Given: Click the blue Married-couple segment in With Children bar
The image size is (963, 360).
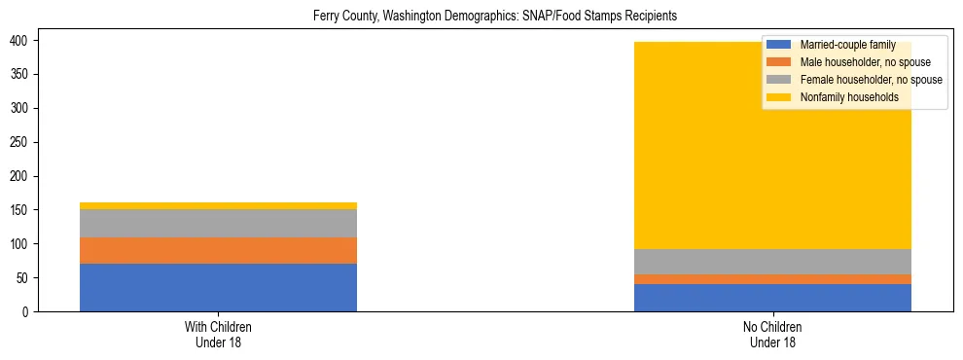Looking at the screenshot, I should pos(218,287).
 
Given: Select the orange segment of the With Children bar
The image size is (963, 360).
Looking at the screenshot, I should pos(218,250).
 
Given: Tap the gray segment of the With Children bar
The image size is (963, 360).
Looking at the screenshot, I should pos(218,223).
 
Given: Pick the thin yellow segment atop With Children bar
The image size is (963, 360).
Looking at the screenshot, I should pos(218,205).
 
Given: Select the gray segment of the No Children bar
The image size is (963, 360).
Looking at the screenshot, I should pos(772,262).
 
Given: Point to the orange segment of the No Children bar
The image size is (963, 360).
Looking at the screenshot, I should pos(772,279).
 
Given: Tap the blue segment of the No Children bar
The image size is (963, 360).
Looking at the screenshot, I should pos(772,298).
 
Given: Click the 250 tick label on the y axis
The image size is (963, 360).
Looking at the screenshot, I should pos(21,142).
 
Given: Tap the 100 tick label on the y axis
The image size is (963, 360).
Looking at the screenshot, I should pos(21,244).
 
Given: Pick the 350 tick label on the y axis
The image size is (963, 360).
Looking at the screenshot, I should pos(21,74).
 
